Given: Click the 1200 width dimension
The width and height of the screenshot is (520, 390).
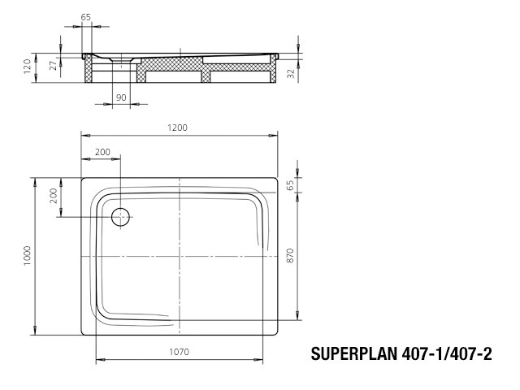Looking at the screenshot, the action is [177, 128].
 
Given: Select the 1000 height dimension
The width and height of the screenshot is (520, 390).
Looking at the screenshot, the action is [27, 255].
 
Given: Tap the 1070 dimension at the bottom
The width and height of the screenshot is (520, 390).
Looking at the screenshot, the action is [179, 352].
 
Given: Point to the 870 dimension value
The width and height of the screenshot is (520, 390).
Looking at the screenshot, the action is [290, 255].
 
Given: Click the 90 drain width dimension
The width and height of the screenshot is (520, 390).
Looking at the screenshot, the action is [121, 97].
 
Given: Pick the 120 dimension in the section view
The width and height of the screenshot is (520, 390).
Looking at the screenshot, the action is [27, 67].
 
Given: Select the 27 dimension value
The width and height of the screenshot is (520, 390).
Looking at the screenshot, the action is [53, 65].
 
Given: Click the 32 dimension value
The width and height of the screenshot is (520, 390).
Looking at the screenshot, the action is [291, 74].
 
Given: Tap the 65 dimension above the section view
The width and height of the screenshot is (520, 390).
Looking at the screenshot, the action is [86, 17].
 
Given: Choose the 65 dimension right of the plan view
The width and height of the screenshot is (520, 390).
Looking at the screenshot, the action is [290, 185].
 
